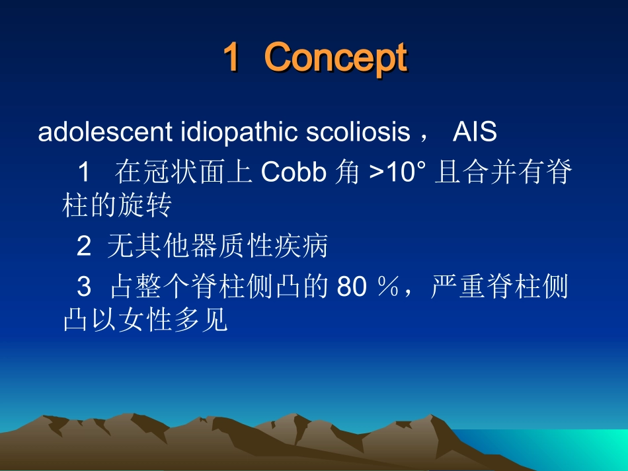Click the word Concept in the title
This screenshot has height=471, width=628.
click(x=336, y=58)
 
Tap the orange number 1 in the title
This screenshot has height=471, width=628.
click(x=232, y=57)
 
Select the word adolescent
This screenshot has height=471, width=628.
click(x=105, y=131)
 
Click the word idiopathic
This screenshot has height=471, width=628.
click(x=239, y=133)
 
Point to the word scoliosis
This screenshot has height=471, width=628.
click(x=358, y=131)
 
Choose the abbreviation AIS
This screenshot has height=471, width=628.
click(x=475, y=131)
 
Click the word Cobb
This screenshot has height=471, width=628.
click(x=294, y=172)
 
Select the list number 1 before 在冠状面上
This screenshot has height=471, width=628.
click(x=84, y=172)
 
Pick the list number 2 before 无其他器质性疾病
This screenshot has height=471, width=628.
click(x=84, y=246)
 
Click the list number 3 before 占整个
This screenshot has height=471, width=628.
click(x=84, y=287)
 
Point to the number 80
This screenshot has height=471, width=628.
click(x=352, y=287)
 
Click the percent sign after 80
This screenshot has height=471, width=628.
click(x=387, y=286)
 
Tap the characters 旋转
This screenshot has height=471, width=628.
click(x=145, y=205)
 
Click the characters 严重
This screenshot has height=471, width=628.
click(x=458, y=286)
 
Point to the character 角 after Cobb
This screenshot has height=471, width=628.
click(x=347, y=172)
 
